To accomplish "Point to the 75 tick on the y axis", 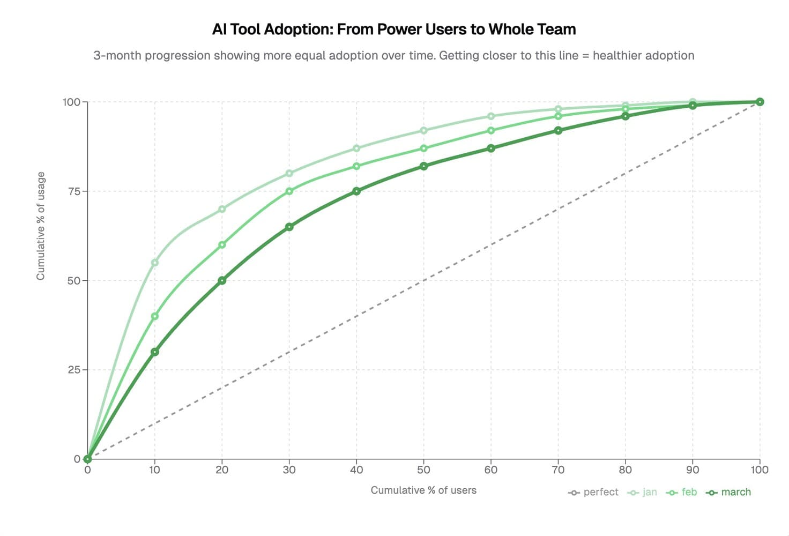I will pos(75,191).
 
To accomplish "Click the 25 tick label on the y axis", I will pos(75,370).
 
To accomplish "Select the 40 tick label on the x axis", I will pos(356,470).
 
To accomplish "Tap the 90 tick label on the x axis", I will pos(693,470).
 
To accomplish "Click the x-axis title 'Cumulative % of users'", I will pos(423,490).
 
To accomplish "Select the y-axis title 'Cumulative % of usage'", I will pos(41,226).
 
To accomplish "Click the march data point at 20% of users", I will pos(222,280).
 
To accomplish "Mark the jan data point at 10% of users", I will pos(155,263).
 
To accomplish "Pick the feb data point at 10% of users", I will pos(155,316).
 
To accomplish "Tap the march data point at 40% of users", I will pos(356,191).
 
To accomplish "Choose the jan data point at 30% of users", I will pos(289,173).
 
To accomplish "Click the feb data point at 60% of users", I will pos(491,130).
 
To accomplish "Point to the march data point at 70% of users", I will pos(559,130).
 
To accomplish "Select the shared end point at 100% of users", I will pos(760,102).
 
